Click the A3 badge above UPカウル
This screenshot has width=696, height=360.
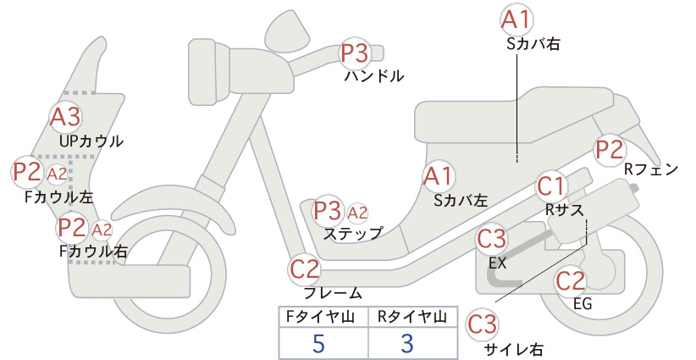pos(65,116)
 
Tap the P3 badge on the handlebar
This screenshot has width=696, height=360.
pos(355,53)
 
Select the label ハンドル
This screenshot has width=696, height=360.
pos(374,76)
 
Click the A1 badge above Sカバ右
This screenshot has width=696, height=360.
pos(516,20)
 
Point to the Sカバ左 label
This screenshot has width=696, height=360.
pos(461,201)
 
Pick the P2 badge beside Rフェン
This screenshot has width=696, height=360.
pos(610,150)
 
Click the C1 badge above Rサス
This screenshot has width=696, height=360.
pos(551,186)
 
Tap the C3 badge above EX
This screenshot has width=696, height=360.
pos(491,239)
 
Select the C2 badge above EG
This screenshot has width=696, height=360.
pos(571,280)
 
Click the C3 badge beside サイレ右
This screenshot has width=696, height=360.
pos(482,324)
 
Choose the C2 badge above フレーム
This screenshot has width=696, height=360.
pos(305,269)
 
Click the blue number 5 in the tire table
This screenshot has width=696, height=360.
pos(318,344)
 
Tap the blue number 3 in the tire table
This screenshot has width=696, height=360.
pos(407,344)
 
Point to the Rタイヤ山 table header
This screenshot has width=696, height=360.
pos(412,317)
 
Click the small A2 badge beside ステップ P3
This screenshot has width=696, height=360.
pos(357,213)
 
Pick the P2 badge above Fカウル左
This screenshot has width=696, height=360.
pos(27,172)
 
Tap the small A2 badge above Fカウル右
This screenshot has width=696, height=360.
pos(102,230)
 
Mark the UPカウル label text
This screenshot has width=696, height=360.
pos(91,141)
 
